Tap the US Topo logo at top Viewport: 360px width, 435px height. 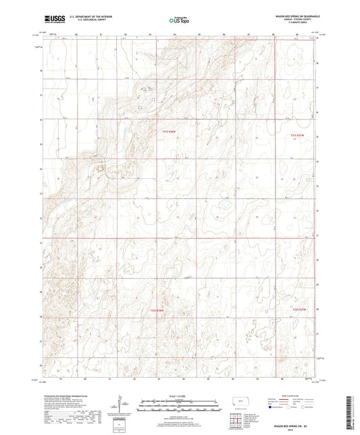178,20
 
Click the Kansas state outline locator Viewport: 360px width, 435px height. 244,403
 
